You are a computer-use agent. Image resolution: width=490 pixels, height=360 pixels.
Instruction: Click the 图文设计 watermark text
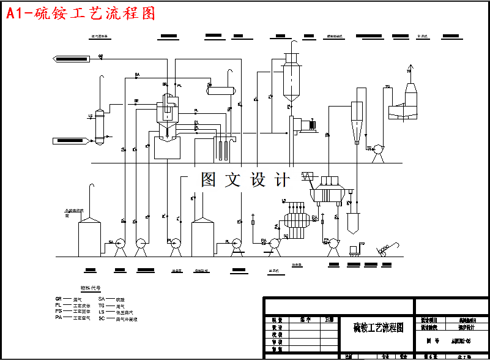point(245,179)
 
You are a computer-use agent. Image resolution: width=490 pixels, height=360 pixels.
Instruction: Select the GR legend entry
point(67,299)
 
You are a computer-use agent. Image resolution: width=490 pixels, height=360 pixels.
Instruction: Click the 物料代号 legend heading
point(91,287)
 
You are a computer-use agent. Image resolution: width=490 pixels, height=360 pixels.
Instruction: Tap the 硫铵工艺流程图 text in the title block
point(379,328)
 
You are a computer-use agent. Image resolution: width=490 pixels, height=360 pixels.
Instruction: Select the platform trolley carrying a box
point(353,250)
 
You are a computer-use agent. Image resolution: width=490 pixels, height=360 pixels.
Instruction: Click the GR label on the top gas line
point(101,56)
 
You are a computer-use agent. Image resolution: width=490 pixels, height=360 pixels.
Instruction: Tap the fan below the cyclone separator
point(378,149)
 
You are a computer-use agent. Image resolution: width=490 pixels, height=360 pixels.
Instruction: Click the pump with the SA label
point(120,244)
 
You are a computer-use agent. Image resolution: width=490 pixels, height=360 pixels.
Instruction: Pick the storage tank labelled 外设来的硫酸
point(89,238)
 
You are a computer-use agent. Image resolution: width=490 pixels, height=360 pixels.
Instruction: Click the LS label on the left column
point(91,115)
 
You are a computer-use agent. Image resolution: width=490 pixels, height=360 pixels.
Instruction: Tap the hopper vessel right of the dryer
point(353,222)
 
